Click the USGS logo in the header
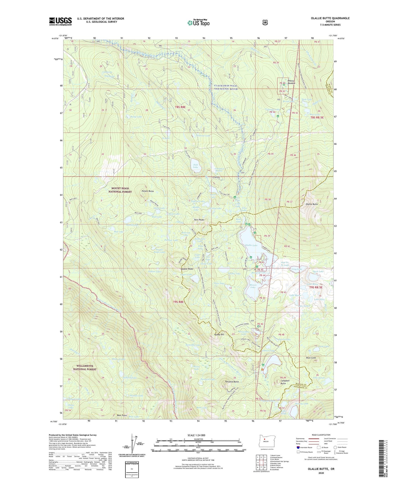click(x=60, y=21)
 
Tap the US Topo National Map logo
click(x=198, y=23)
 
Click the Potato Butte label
click(x=148, y=191)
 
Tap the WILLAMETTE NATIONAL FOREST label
click(x=85, y=368)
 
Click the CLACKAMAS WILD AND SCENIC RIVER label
click(x=226, y=87)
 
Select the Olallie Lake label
click(x=251, y=245)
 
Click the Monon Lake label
click(x=253, y=286)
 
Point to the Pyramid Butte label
click(x=232, y=382)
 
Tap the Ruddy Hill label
click(x=219, y=334)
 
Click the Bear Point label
click(x=122, y=415)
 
